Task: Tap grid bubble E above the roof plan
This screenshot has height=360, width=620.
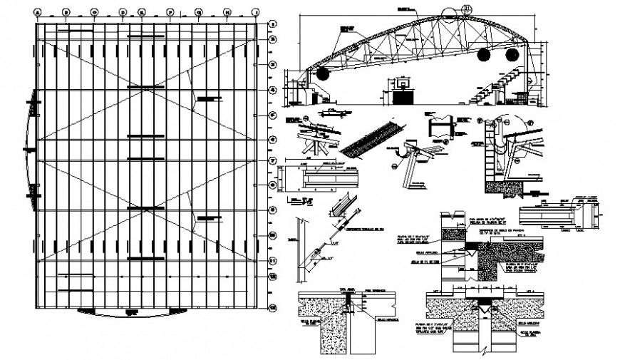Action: pyautogui.click(x=142, y=11)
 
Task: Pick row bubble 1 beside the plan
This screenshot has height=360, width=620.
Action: pyautogui.click(x=271, y=24)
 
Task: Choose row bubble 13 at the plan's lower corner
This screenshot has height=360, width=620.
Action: pyautogui.click(x=271, y=308)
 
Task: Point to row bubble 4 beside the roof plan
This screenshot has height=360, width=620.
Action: pyautogui.click(x=271, y=91)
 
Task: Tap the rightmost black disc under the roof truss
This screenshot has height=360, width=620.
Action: pyautogui.click(x=511, y=55)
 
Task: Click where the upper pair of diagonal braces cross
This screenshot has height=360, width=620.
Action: pyautogui.click(x=146, y=90)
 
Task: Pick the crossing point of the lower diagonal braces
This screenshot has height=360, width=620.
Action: pyautogui.click(x=146, y=209)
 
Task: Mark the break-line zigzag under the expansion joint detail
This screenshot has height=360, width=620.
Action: pyautogui.click(x=484, y=349)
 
